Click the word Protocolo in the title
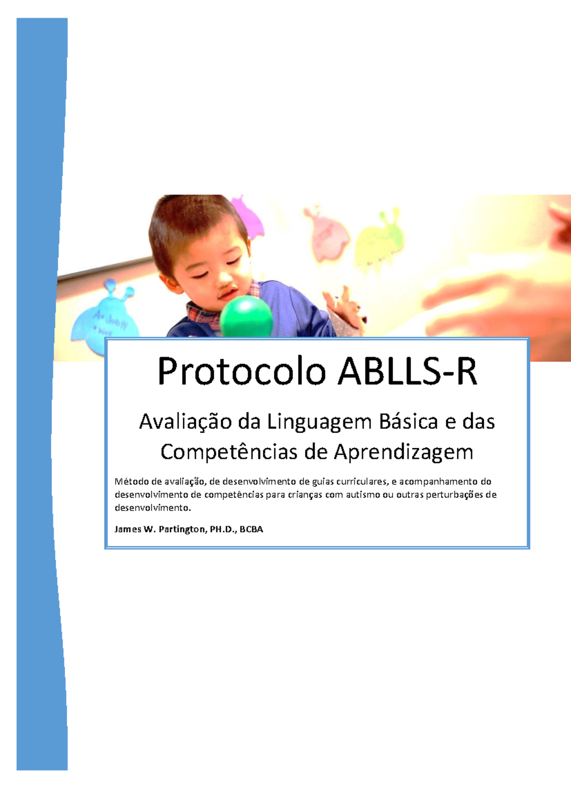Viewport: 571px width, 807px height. point(241,372)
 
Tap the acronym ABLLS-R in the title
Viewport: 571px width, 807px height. point(407,372)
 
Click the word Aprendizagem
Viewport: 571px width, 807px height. point(404,453)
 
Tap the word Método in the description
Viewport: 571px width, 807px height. point(131,482)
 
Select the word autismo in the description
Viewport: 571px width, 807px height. point(363,495)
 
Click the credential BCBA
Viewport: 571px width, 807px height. point(251,529)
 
